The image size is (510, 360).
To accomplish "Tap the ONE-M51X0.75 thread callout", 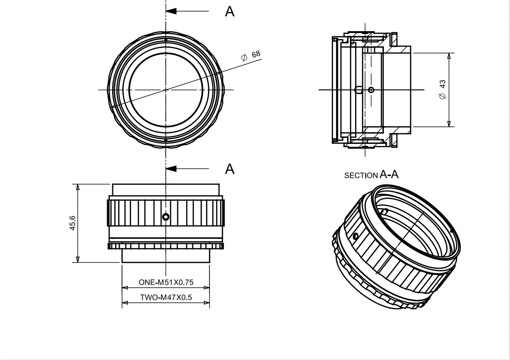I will [165, 282].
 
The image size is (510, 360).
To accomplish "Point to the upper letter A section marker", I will [229, 12].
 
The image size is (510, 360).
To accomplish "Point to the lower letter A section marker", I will [229, 169].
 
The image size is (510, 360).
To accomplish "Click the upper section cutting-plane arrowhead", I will [171, 11].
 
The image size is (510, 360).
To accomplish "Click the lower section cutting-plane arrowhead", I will [171, 168].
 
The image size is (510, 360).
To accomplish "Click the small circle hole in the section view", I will [371, 89].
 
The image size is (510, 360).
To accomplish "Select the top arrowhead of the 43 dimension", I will [449, 55].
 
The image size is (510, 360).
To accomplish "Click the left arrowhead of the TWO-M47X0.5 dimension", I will [124, 303].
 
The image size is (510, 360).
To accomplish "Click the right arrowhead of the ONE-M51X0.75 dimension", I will [207, 288].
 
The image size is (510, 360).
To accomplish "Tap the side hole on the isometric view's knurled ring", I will [356, 237].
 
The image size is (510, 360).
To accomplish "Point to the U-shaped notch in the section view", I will [358, 89].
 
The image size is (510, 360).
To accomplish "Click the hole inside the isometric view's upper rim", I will [384, 212].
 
